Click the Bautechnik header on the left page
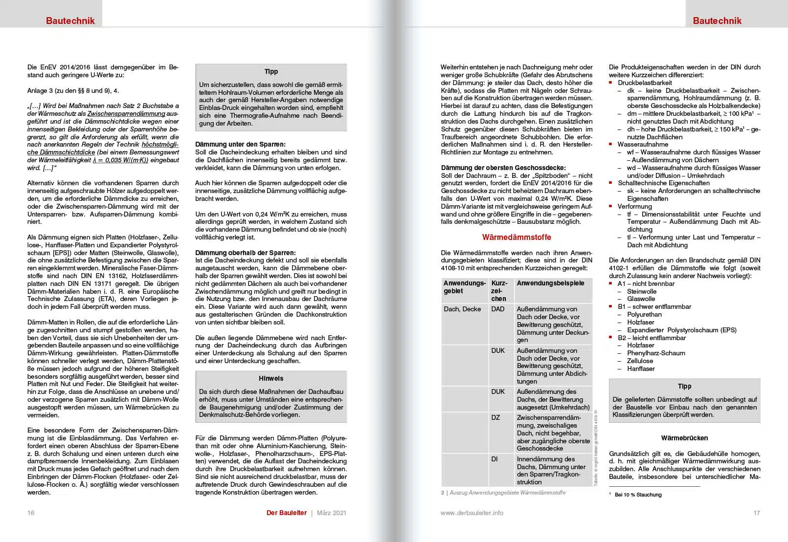70,21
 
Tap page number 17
757,513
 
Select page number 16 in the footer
31,513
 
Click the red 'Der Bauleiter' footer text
286,513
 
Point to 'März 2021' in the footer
331,513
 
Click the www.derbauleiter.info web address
472,513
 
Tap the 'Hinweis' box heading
271,378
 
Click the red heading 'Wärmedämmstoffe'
517,237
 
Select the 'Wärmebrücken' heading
684,438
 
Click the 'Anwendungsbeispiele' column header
550,283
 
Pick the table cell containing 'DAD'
497,309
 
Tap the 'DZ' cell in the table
495,417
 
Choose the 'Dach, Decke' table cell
462,309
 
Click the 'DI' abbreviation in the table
495,459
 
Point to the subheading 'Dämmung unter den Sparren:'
240,144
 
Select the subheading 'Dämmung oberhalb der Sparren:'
245,253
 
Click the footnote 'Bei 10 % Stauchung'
638,495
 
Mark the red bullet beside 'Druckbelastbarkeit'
610,83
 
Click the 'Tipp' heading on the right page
684,386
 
